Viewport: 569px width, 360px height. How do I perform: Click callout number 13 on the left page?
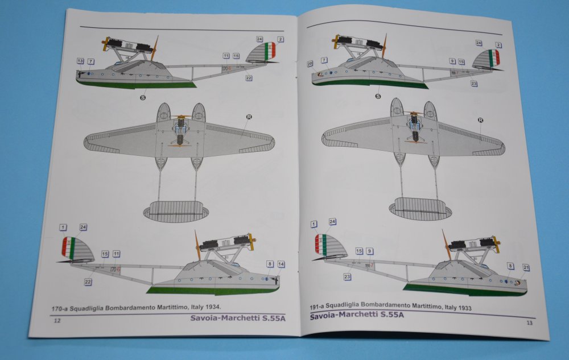coord(80,61)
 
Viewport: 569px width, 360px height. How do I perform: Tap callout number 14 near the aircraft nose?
coord(281,264)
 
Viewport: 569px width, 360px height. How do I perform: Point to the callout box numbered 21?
coord(526,267)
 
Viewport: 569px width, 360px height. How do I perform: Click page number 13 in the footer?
coord(529,323)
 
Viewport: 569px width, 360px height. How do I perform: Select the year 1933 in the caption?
coord(464,308)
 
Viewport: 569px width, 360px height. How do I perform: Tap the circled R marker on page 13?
coord(480,120)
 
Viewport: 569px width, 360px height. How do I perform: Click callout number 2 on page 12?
coord(281,39)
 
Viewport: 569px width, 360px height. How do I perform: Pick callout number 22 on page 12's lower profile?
coord(88,281)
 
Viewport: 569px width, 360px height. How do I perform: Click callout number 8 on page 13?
coord(510,266)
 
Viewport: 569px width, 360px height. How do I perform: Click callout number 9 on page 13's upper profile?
coord(452,61)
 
